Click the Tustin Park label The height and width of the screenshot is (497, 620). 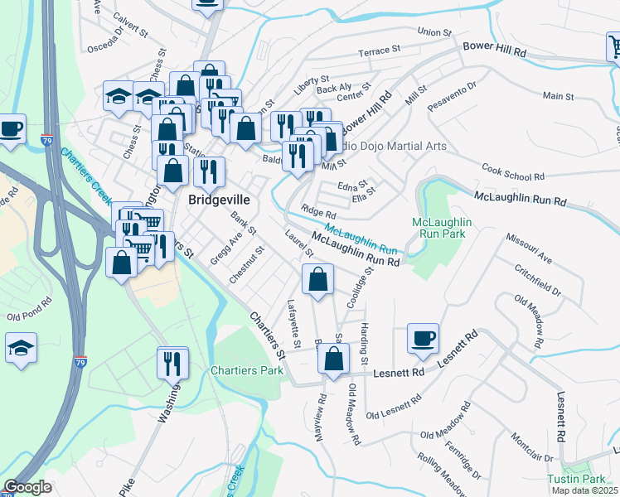pyautogui.click(x=576, y=479)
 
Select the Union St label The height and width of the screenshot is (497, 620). pyautogui.click(x=435, y=32)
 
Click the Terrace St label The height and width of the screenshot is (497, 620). pyautogui.click(x=379, y=51)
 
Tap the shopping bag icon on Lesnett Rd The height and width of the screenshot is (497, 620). pyautogui.click(x=333, y=360)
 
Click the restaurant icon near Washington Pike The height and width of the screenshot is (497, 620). pyautogui.click(x=173, y=363)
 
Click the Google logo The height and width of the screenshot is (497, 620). pyautogui.click(x=27, y=488)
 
